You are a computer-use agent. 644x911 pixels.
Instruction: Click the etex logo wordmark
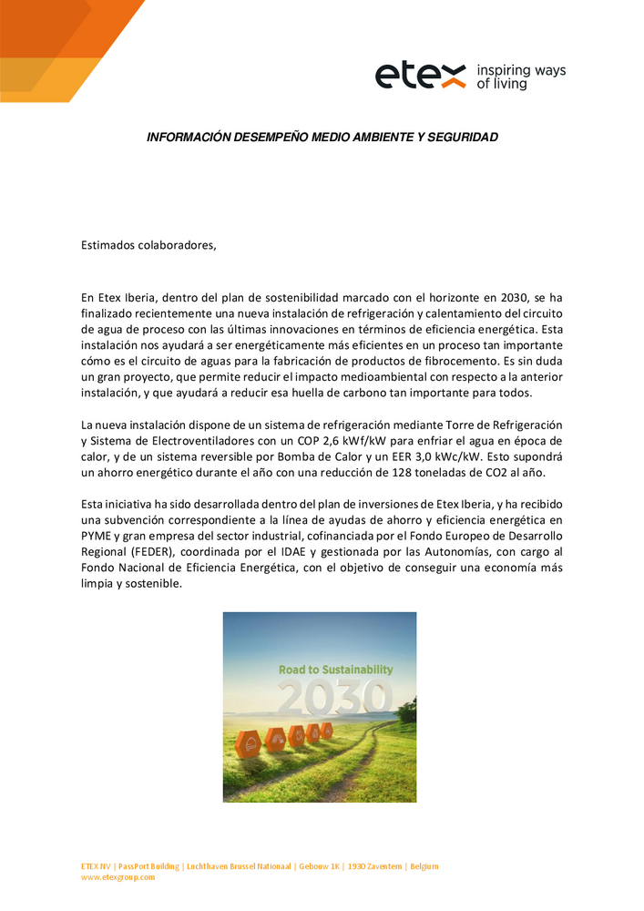pos(420,77)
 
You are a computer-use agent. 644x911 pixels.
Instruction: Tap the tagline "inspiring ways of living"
pos(520,77)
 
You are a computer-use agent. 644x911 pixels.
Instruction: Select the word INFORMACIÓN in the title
pos(188,137)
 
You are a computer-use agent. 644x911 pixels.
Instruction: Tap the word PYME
pos(96,537)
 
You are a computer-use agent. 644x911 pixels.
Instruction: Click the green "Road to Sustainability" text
pos(335,670)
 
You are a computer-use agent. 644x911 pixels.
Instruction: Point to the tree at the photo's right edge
pos(407,708)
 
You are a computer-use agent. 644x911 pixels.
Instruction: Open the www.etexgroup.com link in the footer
pos(118,877)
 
